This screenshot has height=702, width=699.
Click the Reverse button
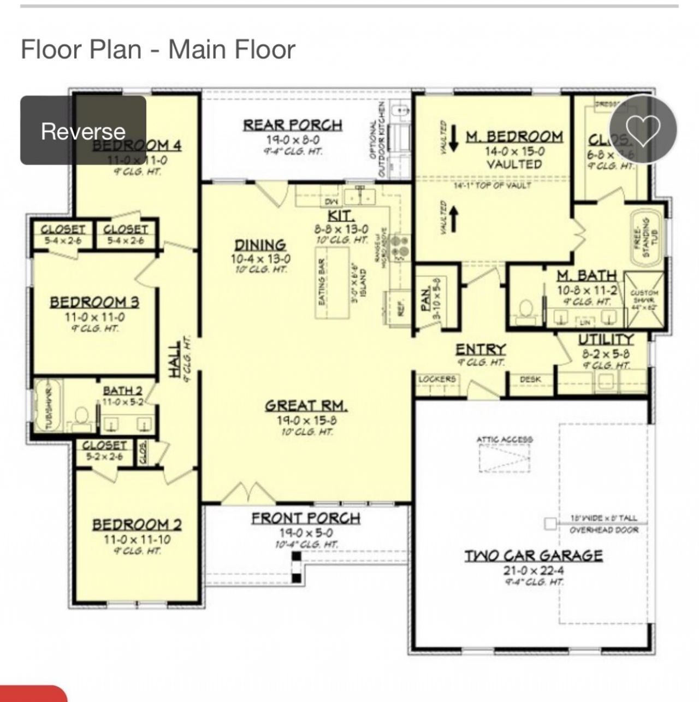[x=83, y=131]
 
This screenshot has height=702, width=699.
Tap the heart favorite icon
[x=643, y=129]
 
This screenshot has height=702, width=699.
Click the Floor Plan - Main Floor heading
[x=158, y=49]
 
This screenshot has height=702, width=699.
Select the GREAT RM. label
[x=306, y=405]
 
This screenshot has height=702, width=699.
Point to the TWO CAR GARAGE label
[x=534, y=556]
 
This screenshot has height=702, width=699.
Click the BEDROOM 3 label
[x=94, y=302]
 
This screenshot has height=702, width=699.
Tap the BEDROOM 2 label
[x=137, y=524]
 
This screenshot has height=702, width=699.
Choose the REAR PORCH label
[x=293, y=125]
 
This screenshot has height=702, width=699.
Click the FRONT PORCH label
[x=306, y=517]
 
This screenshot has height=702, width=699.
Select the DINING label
[x=260, y=245]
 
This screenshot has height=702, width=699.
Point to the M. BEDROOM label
[x=514, y=136]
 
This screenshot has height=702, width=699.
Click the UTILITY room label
[x=606, y=339]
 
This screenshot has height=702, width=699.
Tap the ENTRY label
[x=481, y=349]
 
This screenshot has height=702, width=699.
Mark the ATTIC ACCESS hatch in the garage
[x=504, y=457]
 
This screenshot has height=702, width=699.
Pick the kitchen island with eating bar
[x=333, y=282]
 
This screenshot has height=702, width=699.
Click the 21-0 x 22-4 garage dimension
[x=533, y=570]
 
